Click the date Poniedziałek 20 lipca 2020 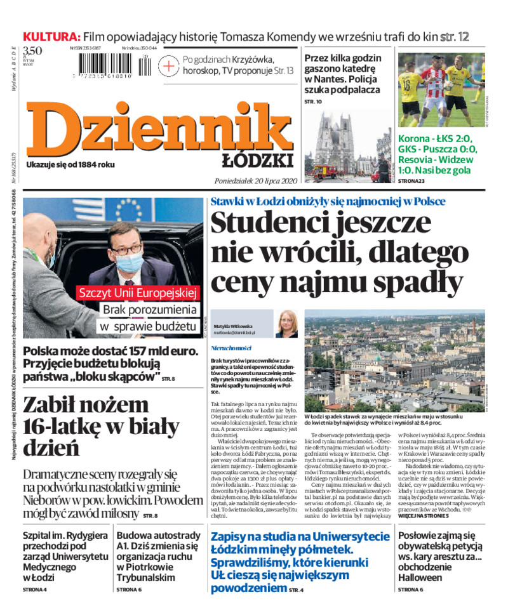[x=253, y=180]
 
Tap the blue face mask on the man [x=129, y=261]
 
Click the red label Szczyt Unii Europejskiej [x=138, y=293]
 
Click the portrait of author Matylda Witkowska [x=286, y=324]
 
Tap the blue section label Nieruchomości [x=231, y=348]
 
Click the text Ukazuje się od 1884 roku [x=70, y=164]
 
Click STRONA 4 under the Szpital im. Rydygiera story [x=35, y=590]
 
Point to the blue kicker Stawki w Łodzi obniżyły [x=328, y=201]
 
